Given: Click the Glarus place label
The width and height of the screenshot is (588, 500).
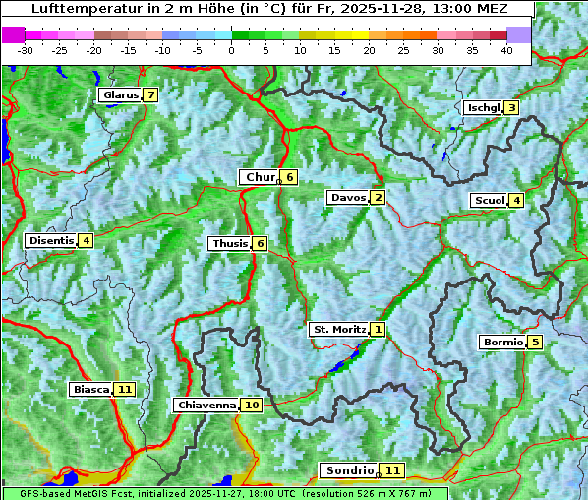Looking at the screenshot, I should (119, 95).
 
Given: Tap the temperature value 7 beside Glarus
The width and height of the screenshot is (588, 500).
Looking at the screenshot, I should (149, 95).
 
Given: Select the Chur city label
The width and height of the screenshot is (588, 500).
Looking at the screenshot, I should (260, 177).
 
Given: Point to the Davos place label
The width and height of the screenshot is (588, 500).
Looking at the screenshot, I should (347, 198).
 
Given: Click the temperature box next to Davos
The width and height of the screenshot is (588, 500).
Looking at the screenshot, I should (378, 198).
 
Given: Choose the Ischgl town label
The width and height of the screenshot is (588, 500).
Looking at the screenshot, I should (483, 108).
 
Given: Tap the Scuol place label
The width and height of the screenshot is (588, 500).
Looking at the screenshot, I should (489, 201).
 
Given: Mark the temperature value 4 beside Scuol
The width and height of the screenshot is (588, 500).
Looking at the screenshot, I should (516, 201).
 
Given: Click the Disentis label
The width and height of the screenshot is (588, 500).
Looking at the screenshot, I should (51, 240).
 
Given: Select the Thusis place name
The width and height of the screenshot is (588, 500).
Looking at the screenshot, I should (229, 243).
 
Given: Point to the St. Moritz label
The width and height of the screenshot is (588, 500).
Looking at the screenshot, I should (338, 329).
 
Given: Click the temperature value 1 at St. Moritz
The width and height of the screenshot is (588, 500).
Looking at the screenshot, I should (379, 329).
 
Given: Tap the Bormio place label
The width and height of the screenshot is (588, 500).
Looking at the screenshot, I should (501, 343).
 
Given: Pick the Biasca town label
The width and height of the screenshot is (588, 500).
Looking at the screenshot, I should (90, 390).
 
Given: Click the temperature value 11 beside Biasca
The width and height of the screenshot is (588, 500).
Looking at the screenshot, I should (124, 390).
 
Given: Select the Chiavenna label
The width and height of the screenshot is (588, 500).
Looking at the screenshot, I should (206, 405).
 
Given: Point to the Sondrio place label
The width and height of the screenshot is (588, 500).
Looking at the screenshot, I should (349, 470).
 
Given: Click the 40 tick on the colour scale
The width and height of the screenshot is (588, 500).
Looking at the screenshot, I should (506, 49).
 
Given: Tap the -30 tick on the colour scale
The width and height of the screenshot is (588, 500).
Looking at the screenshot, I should (26, 49).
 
